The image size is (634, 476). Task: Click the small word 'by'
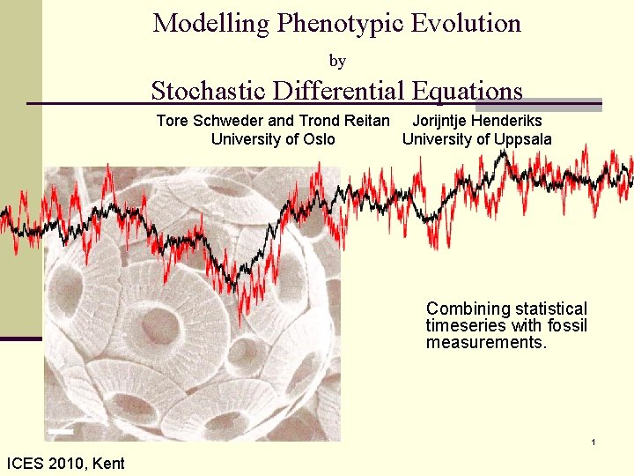coord(337,61)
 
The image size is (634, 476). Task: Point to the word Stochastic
coord(209,91)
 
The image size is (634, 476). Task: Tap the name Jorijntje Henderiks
coord(478,122)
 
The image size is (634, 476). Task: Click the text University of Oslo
coord(273,139)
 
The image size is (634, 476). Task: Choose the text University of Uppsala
coord(477,139)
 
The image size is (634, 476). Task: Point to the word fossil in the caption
coord(567,325)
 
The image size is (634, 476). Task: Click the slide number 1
coord(594,441)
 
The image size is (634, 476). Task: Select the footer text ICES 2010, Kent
coord(65,463)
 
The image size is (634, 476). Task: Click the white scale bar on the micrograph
coord(61,431)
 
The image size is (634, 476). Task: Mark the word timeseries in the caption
coord(467,325)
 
